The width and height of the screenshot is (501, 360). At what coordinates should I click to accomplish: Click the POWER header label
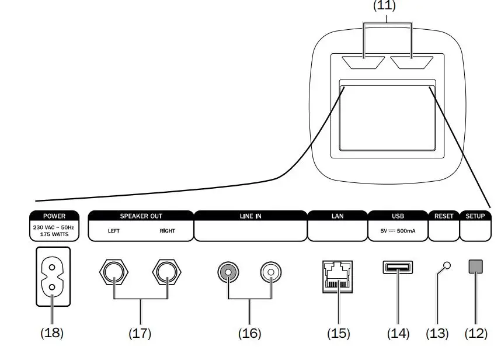[x=54, y=216]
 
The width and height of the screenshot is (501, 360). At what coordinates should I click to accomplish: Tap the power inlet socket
[x=53, y=276]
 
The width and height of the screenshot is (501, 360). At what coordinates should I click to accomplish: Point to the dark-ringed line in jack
[x=228, y=272]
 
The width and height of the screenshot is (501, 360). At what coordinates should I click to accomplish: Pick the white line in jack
[x=270, y=272]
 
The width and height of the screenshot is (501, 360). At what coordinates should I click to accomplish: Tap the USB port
[x=398, y=268]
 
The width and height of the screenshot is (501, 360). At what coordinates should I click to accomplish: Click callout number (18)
[x=51, y=333]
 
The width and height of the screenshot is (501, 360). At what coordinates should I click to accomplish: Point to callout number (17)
[x=140, y=334]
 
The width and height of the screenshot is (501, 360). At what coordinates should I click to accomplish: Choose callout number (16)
[x=249, y=334]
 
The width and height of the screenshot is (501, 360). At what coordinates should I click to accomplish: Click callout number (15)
[x=338, y=334]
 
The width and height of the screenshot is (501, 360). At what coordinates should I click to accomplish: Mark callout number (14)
[x=398, y=334]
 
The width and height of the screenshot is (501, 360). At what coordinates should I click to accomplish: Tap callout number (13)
[x=437, y=334]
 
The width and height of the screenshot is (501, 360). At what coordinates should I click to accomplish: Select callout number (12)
[x=476, y=334]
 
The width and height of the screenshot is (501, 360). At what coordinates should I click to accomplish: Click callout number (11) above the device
[x=384, y=6]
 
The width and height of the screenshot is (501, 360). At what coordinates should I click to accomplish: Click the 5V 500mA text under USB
[x=398, y=231]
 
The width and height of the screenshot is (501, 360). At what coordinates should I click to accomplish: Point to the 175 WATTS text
[x=54, y=234]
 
